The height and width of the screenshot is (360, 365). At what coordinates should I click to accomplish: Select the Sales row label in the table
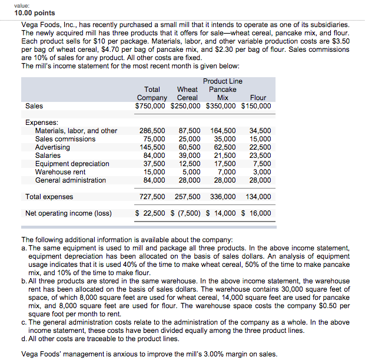[x=35, y=106]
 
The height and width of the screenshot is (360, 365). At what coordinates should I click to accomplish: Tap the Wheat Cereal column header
[x=188, y=94]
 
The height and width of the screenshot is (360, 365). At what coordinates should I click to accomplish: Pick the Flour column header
[x=258, y=98]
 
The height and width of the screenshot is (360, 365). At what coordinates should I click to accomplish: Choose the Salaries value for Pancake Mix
[x=223, y=156]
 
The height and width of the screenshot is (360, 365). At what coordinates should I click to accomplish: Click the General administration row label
[x=71, y=180]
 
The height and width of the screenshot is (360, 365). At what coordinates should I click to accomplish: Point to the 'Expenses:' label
[x=42, y=123]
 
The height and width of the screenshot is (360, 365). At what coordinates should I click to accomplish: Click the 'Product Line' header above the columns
[x=222, y=81]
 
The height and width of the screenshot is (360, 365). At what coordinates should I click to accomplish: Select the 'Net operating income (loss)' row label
[x=68, y=213]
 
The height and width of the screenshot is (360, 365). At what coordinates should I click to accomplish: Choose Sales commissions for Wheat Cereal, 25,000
[x=189, y=139]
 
